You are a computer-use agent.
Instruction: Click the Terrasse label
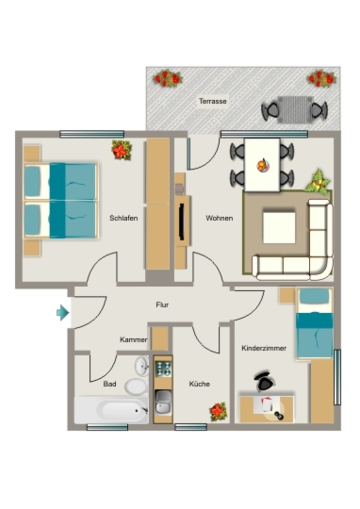tap(213, 101)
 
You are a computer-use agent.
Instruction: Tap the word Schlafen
tap(124, 218)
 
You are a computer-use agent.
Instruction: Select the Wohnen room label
tap(219, 218)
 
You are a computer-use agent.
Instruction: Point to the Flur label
tap(162, 305)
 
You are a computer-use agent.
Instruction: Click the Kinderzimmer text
tap(264, 348)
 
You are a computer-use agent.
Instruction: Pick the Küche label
tap(199, 384)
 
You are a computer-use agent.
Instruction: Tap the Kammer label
tap(133, 340)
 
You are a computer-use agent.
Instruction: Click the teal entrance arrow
tap(63, 313)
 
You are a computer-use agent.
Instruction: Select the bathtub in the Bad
tap(111, 410)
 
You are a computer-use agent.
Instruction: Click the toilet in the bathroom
tap(137, 386)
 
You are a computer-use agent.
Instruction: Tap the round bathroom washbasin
tap(142, 366)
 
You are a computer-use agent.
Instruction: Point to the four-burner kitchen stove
tap(163, 369)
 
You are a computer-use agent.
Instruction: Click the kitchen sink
tap(163, 402)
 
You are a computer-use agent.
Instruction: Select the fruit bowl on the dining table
tap(263, 166)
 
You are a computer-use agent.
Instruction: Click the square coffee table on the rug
tap(279, 227)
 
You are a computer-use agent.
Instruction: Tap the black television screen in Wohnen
tap(182, 222)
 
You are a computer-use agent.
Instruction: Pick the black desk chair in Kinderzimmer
tap(265, 381)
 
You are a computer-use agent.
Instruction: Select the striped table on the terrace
tap(295, 110)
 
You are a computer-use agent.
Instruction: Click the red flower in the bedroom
tap(121, 150)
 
